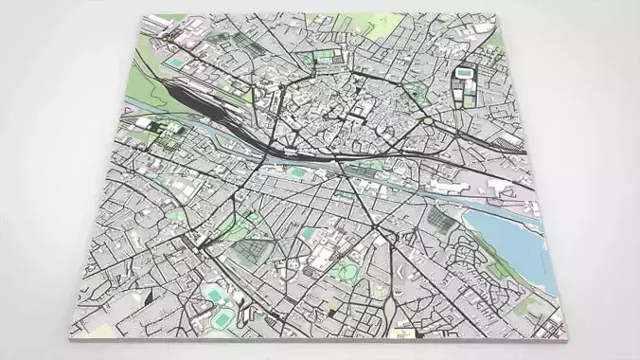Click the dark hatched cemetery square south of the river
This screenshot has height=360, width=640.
pos(251,249)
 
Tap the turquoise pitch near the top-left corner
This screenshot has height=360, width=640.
pos(176,63)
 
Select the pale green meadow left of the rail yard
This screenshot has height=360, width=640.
pos(142,90)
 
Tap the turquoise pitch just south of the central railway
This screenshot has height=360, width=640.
pos(299,173)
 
